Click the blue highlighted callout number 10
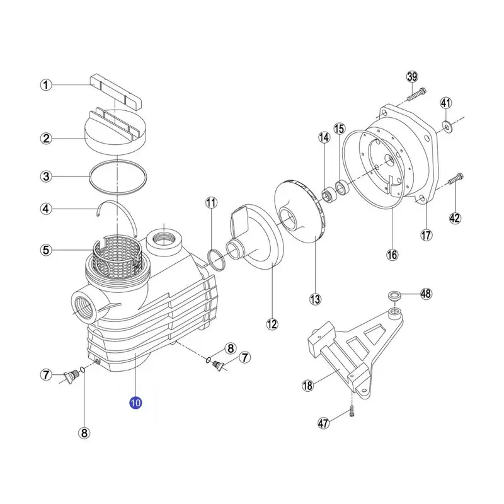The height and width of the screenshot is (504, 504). click(135, 403)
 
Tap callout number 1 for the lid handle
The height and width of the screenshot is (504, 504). click(46, 85)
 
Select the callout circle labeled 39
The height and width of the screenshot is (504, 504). click(413, 77)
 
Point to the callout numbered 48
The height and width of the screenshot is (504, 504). click(426, 294)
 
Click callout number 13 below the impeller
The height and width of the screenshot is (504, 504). click(315, 299)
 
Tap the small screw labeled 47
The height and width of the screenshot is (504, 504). click(352, 411)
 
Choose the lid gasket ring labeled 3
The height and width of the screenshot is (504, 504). click(118, 177)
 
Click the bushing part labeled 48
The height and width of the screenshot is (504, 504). click(394, 295)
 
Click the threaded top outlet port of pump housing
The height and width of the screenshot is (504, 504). click(164, 240)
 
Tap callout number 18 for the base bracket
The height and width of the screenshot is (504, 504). click(307, 385)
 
